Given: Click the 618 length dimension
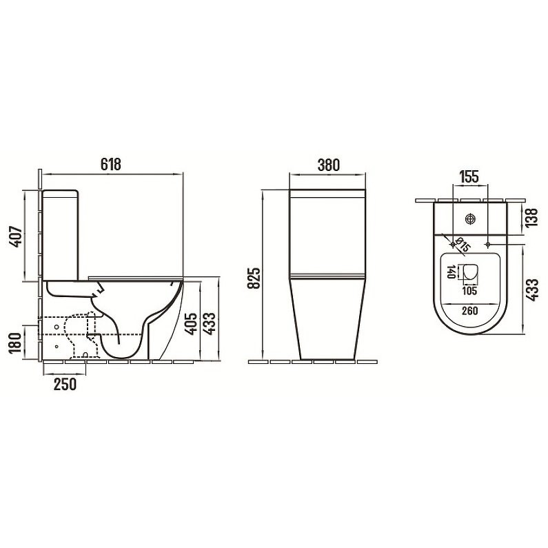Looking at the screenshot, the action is (111, 164).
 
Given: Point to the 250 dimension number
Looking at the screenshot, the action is (65, 384).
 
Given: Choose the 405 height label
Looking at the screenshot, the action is (190, 324).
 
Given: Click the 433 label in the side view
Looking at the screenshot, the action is (210, 324).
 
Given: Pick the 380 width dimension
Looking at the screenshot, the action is (329, 165).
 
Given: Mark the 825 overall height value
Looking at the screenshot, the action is (254, 278).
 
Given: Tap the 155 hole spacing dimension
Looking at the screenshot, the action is (469, 177).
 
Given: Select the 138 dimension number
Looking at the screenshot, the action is (531, 217).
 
